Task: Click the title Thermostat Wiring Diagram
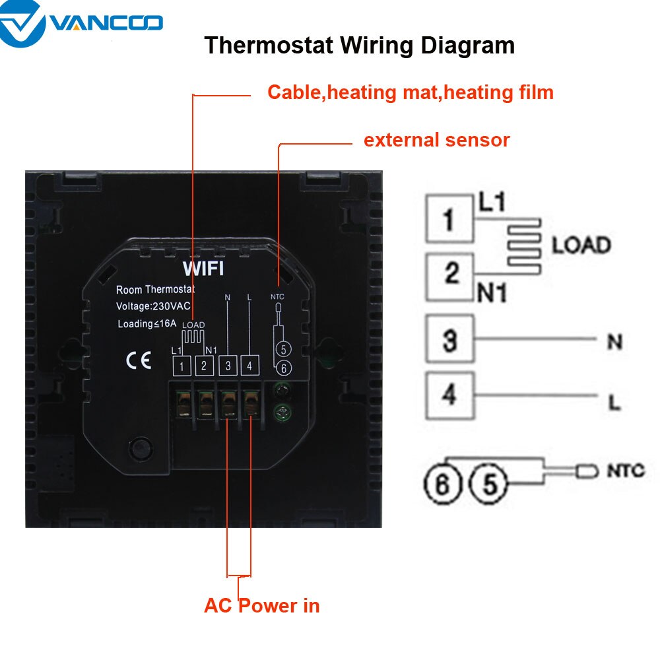pos(359,46)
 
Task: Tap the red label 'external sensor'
pos(437,140)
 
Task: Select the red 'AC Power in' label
pos(262,605)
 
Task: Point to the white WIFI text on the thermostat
pos(203,269)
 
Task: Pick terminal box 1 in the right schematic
pos(449,219)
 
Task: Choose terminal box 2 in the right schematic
pos(451,273)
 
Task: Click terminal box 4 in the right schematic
pos(450,395)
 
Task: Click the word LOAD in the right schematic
pos(581,246)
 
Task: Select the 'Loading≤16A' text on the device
pos(146,323)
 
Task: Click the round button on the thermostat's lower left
pos(139,448)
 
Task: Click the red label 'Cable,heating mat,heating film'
pos(410,92)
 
